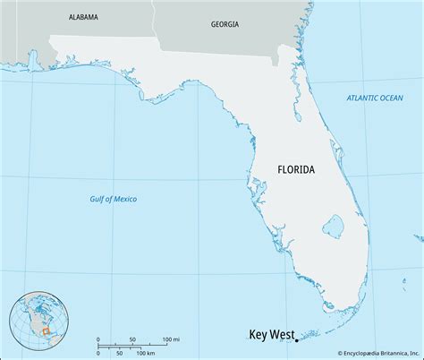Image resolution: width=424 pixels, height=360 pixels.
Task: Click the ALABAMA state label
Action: click(x=83, y=17)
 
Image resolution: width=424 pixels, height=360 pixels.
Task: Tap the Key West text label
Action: click(x=270, y=336)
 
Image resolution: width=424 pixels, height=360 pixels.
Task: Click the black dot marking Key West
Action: click(x=296, y=339)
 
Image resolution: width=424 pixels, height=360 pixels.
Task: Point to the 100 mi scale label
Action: click(x=171, y=340)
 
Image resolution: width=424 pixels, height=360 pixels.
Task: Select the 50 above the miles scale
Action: click(x=132, y=340)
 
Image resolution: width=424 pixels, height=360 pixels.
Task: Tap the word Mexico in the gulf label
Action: click(x=123, y=198)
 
